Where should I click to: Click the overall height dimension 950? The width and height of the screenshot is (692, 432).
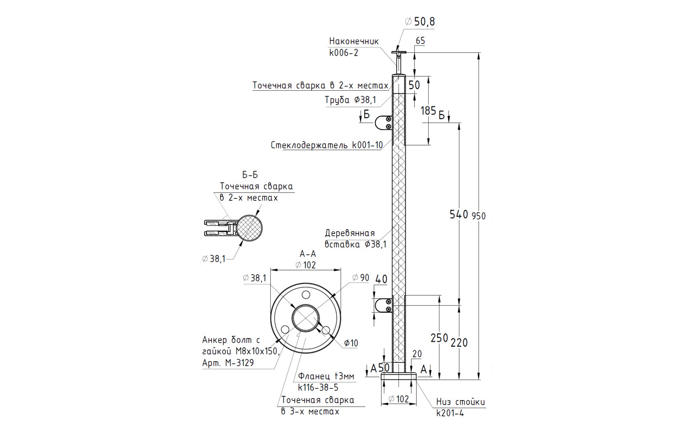click(x=478, y=216)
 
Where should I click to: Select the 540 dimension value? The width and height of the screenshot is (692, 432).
click(x=458, y=214)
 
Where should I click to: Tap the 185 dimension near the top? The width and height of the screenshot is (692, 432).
click(x=428, y=111)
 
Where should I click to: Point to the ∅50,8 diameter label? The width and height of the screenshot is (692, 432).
click(x=420, y=22)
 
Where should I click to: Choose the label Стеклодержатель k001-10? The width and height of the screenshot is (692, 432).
click(x=327, y=145)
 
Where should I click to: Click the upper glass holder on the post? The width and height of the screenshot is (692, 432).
click(x=384, y=123)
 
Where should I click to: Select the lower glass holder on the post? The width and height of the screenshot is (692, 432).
click(x=384, y=306)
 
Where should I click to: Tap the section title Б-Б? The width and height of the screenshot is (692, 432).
click(x=250, y=175)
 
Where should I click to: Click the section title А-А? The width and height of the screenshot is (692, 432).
click(x=307, y=253)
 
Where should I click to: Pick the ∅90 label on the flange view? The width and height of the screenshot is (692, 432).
click(x=361, y=278)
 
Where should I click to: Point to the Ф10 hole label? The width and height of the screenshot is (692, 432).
click(x=350, y=343)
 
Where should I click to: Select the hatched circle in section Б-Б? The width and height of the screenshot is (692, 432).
click(x=250, y=228)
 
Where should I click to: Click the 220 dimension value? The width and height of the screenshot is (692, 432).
click(x=458, y=342)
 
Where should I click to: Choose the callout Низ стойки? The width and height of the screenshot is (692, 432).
click(x=461, y=402)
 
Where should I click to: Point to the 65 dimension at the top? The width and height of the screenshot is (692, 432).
click(x=421, y=40)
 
